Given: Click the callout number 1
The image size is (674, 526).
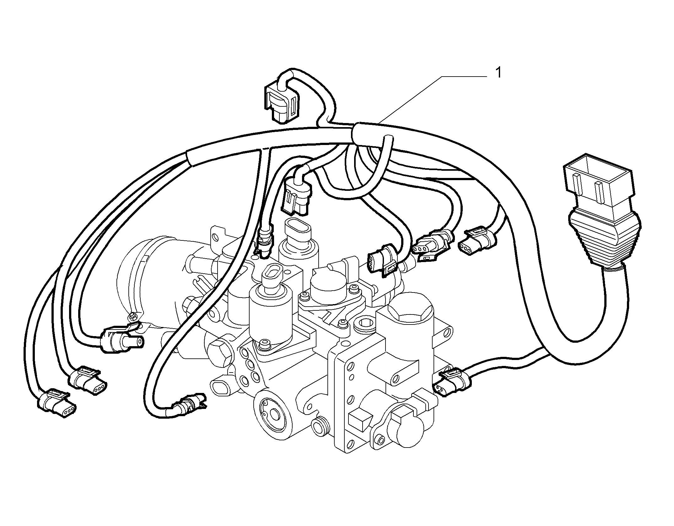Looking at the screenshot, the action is [x=498, y=73].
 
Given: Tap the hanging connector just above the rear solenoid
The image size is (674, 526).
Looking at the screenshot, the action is [x=297, y=196].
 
